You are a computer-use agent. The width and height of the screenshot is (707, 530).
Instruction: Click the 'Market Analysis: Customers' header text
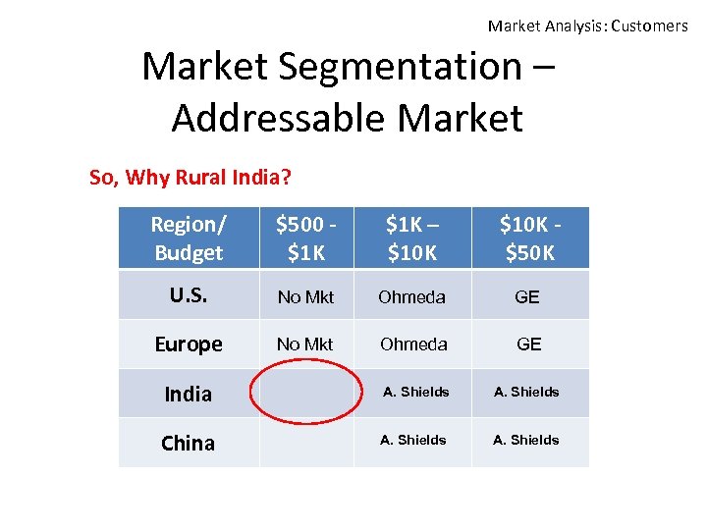click(587, 26)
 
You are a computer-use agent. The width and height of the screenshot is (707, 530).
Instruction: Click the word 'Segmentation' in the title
click(403, 68)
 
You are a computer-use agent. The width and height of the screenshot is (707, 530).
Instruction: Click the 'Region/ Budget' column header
click(188, 238)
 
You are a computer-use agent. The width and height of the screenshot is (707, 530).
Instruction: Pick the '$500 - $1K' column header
click(305, 238)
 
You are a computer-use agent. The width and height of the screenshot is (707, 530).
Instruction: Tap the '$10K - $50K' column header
click(529, 238)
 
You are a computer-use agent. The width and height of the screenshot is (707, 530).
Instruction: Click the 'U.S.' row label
click(188, 294)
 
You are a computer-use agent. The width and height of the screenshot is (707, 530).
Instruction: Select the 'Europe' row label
click(188, 344)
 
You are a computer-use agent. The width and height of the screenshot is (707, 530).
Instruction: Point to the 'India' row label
click(188, 394)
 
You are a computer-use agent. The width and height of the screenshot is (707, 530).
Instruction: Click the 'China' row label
click(188, 443)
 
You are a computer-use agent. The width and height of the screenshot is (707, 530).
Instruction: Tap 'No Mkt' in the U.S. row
click(305, 296)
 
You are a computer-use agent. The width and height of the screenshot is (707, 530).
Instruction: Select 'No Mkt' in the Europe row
click(305, 344)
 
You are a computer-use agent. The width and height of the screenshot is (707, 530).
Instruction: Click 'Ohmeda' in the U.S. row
click(412, 296)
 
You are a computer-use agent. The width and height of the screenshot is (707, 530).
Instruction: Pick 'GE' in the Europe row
click(528, 344)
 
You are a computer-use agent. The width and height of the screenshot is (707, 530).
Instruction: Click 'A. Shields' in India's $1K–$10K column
click(415, 392)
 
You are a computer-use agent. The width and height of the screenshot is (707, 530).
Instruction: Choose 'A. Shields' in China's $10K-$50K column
click(526, 440)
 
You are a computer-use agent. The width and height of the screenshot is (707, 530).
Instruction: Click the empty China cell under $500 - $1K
click(305, 443)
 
